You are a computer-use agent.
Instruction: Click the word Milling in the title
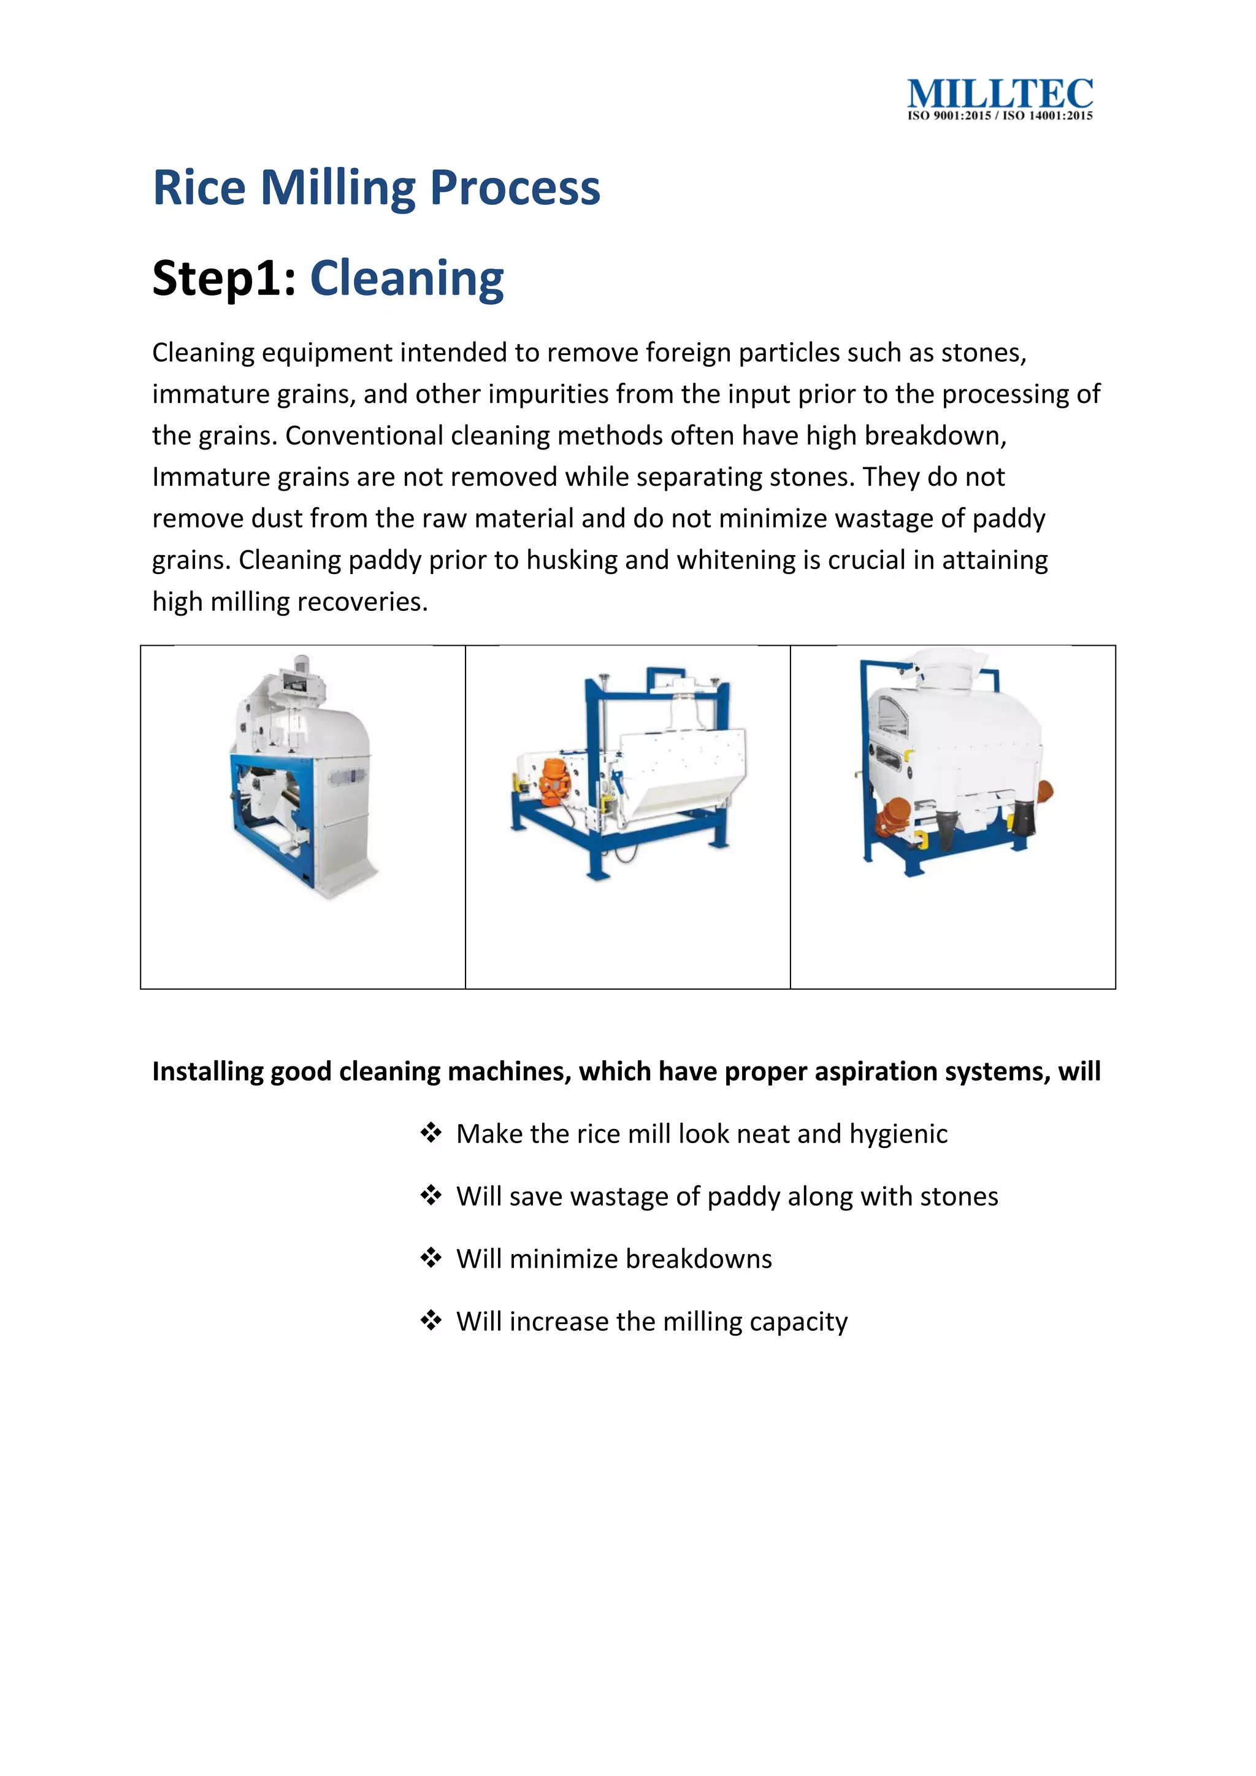(340, 188)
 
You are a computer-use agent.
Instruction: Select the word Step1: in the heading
(224, 278)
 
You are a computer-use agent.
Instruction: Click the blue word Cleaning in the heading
(407, 278)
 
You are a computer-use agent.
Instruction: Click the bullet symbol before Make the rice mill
(431, 1133)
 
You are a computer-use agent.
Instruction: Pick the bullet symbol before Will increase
(431, 1320)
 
